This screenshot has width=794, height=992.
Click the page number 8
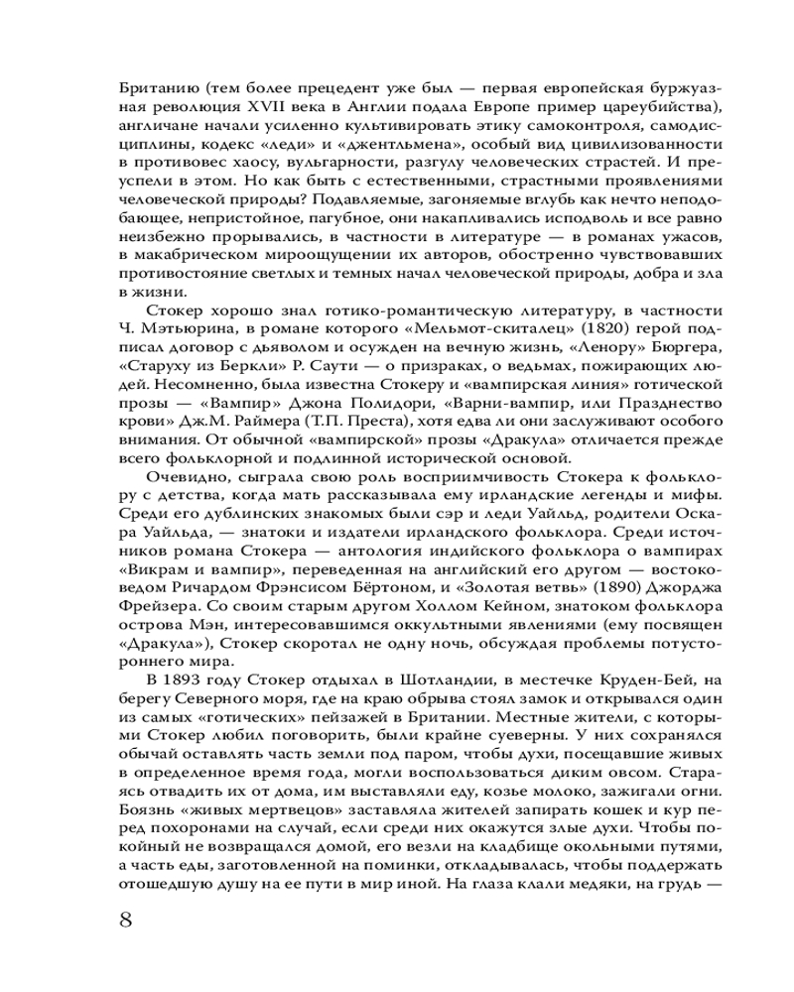tap(125, 917)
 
